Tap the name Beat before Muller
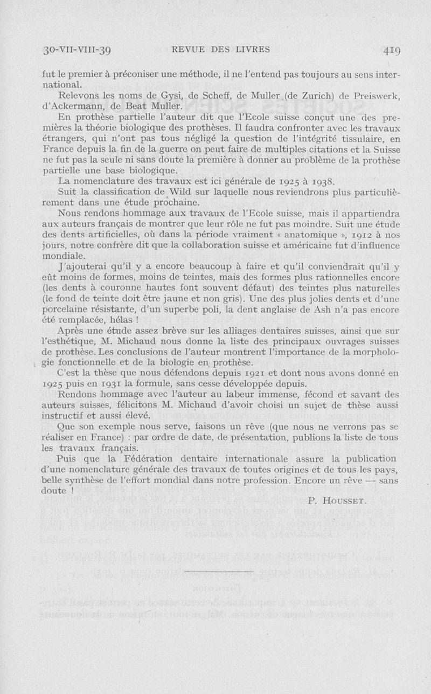tap(114, 107)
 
